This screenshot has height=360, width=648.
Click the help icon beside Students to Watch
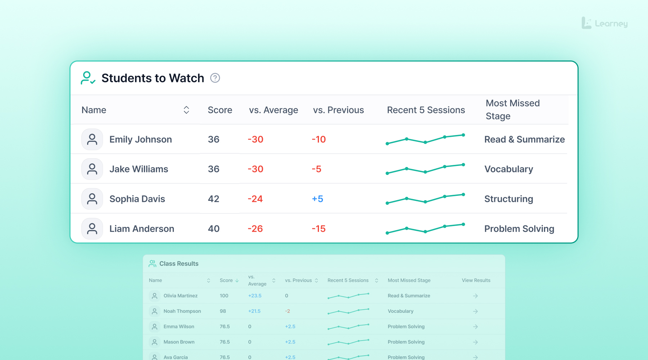(x=215, y=78)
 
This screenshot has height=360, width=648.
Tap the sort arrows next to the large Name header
(x=186, y=110)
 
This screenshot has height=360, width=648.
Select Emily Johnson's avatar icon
(x=92, y=139)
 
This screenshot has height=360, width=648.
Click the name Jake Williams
(x=139, y=169)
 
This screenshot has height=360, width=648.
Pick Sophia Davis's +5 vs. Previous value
(x=318, y=199)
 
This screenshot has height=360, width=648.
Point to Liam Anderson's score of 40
(x=213, y=229)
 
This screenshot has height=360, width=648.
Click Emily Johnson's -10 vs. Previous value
(x=319, y=139)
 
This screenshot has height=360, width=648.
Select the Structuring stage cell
(x=509, y=199)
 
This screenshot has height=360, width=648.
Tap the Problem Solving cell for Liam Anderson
(x=519, y=229)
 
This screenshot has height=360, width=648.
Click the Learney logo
(x=605, y=23)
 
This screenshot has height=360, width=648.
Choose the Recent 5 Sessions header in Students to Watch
(x=426, y=110)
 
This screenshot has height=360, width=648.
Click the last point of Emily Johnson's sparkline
(x=463, y=135)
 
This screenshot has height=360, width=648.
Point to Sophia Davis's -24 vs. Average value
(x=255, y=199)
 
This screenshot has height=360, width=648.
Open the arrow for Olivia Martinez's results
(x=475, y=296)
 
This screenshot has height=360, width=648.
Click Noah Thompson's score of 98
(x=223, y=311)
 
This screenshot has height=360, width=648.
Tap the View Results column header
(x=476, y=280)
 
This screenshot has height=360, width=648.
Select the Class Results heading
(x=179, y=264)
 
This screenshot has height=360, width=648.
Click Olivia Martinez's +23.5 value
(x=255, y=296)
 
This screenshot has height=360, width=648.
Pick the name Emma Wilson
(x=179, y=327)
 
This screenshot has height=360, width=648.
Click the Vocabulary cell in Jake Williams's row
(x=509, y=169)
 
